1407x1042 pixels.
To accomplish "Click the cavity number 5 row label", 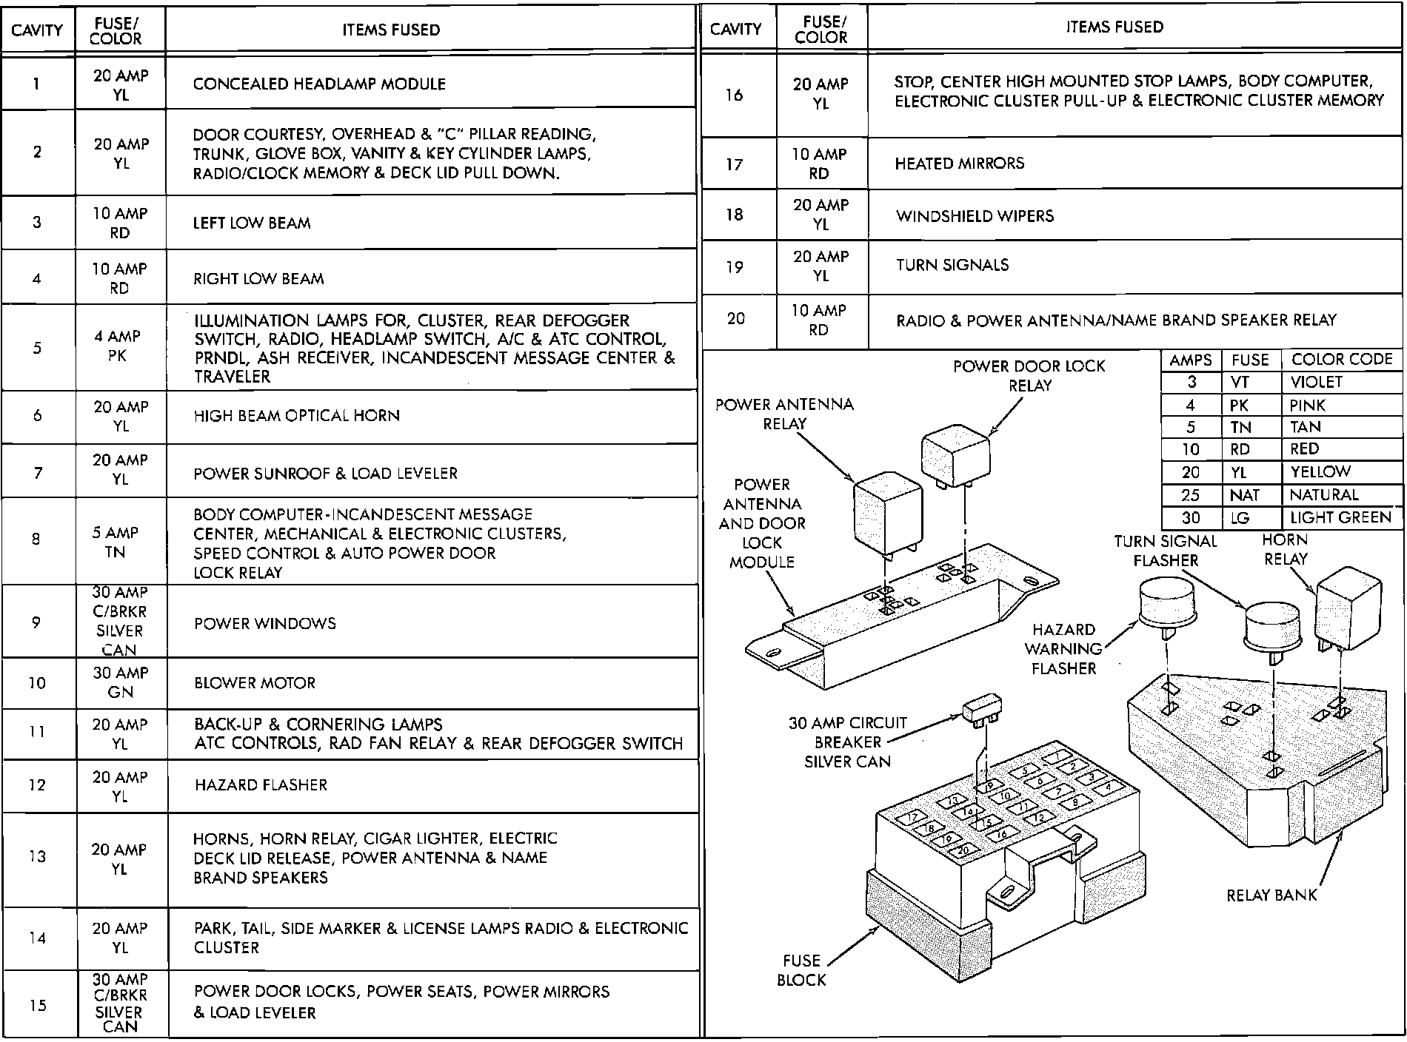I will [x=37, y=348].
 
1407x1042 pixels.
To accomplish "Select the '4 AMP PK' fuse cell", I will [x=119, y=346].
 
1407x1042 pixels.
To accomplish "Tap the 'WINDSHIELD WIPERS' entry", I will [x=975, y=216].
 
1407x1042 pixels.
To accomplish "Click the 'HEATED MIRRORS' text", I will [x=959, y=164].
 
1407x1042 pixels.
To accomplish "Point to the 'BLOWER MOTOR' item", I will [x=255, y=683].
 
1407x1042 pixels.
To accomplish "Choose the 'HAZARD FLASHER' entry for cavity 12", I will [x=261, y=785].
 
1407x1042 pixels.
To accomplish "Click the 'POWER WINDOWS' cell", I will [x=264, y=624].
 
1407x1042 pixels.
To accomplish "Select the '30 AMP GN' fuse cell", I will [x=120, y=682].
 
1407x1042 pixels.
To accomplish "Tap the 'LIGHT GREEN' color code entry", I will [x=1340, y=518].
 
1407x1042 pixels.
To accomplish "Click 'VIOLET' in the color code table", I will [x=1316, y=382].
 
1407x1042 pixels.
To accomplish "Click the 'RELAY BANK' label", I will [x=1271, y=895].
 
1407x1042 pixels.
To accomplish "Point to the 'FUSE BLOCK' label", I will [x=801, y=970].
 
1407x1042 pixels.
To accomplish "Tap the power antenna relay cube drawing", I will [x=888, y=511].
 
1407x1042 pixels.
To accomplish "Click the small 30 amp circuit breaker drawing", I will [x=982, y=709].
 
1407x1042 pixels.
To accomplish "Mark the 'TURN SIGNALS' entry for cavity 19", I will [x=952, y=265].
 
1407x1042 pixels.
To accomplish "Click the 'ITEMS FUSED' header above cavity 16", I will [x=1114, y=27].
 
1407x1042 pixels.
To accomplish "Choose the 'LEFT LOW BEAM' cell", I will [x=252, y=223].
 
